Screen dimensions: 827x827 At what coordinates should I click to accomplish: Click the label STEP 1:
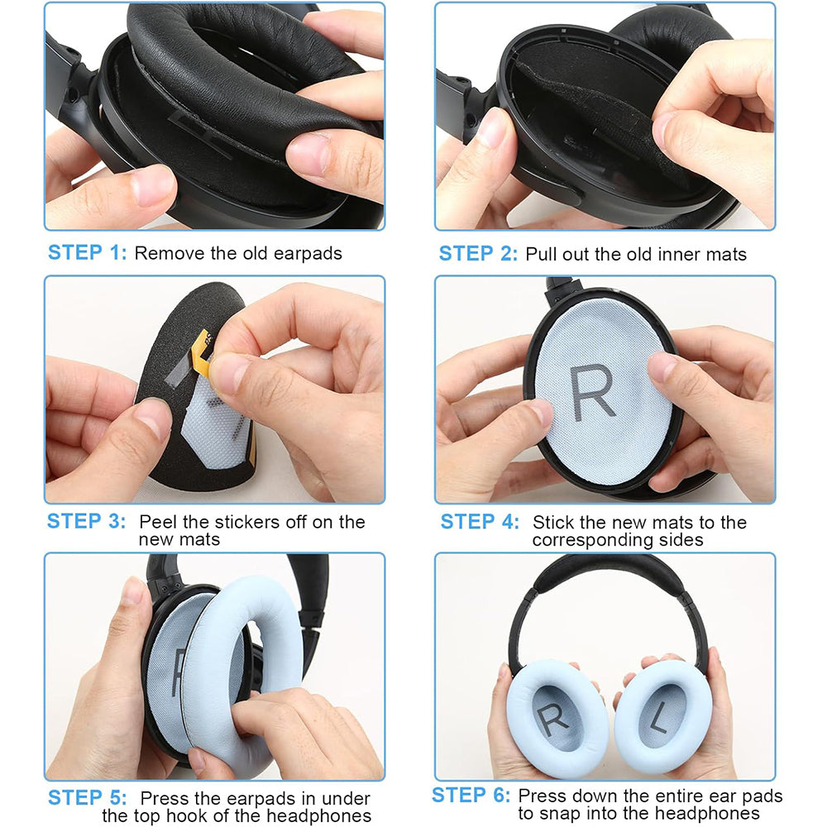(x=88, y=252)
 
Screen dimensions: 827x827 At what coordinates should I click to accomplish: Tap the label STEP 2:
(x=478, y=253)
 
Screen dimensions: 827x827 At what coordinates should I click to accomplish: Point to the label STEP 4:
(x=480, y=522)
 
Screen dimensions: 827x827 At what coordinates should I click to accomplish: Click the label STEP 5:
(x=88, y=798)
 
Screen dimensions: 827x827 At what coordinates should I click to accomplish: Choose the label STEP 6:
(x=471, y=796)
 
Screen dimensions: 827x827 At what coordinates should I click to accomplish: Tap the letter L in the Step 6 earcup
(x=658, y=721)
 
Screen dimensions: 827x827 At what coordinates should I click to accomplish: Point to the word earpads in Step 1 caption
(x=307, y=253)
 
